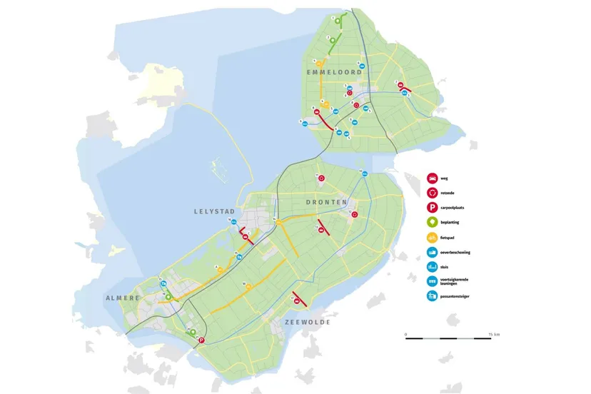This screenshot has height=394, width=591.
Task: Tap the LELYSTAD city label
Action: [213, 212]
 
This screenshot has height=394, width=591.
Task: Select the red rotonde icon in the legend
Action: [432, 193]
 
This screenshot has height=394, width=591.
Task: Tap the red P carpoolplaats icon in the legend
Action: [432, 208]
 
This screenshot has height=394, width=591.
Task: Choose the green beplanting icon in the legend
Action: [432, 223]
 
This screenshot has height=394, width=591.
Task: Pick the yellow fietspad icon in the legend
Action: [432, 238]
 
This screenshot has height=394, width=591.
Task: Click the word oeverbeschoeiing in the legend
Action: [459, 253]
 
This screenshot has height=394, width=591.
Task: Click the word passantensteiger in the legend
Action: [458, 295]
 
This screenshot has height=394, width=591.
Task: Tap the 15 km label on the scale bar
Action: [494, 334]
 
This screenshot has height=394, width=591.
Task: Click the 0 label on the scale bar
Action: [405, 334]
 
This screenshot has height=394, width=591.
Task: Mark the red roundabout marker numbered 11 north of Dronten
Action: [321, 178]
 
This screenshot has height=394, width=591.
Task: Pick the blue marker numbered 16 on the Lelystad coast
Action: [233, 223]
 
